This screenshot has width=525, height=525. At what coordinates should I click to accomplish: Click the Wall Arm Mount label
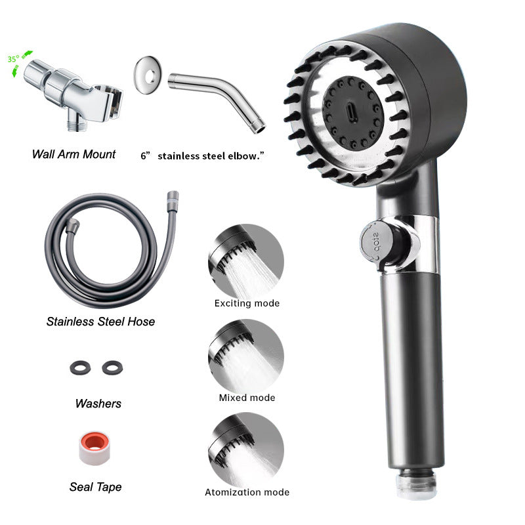[x=73, y=154]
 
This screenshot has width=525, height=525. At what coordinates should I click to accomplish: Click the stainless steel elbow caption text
[x=207, y=156]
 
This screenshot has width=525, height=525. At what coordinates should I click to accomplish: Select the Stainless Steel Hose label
[x=100, y=322]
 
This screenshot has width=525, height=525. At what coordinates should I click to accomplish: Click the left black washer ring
[x=77, y=368]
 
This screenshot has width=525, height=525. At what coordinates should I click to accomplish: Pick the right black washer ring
[x=112, y=368]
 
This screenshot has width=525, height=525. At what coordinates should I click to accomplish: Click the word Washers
[x=98, y=403]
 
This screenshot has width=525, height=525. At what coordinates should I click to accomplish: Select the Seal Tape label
[x=95, y=487]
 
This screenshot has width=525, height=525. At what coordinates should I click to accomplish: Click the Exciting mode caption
[x=247, y=303]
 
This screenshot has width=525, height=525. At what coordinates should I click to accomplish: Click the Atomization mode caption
[x=247, y=492]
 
